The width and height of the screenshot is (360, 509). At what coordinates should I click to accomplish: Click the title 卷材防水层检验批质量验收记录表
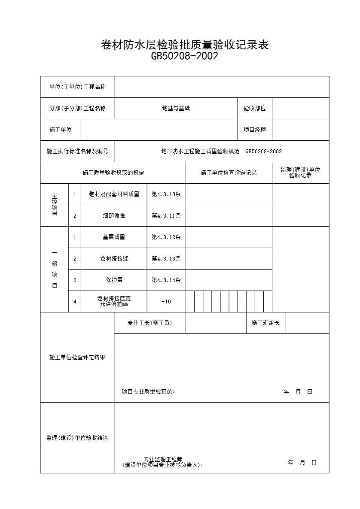[x=185, y=45]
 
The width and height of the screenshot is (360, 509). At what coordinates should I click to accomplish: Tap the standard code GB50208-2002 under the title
[x=184, y=56]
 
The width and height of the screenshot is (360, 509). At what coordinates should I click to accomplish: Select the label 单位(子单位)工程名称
[x=77, y=87]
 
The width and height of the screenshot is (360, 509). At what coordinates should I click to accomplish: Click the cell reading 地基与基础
[x=176, y=109]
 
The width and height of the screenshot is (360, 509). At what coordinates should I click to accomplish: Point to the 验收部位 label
[x=255, y=109]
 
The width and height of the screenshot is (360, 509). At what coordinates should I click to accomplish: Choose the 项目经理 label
[x=255, y=130]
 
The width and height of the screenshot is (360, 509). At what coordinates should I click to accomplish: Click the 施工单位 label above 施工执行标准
[x=61, y=130]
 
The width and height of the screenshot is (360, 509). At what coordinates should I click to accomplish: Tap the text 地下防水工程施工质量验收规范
[x=200, y=151]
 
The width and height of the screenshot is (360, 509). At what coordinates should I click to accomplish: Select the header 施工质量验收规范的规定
[x=113, y=173]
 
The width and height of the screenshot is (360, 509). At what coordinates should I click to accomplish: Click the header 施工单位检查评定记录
[x=229, y=173]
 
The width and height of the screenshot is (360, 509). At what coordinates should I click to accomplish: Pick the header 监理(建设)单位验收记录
[x=300, y=173]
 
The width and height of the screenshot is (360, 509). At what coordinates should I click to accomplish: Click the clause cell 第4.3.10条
[x=166, y=194]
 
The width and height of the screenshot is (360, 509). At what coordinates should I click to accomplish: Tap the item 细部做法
[x=114, y=216]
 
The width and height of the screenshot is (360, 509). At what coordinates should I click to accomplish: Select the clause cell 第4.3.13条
[x=166, y=259]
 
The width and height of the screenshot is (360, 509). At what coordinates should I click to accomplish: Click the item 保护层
[x=114, y=280]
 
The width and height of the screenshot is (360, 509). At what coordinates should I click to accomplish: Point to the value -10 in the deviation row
[x=166, y=302]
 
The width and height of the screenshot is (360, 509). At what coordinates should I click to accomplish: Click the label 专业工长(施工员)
[x=149, y=323]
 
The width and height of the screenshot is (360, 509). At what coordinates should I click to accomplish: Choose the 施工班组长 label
[x=265, y=323]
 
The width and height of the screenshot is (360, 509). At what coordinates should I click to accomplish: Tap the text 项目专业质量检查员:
[x=149, y=392]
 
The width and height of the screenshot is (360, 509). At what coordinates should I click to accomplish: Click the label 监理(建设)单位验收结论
[x=77, y=438]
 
